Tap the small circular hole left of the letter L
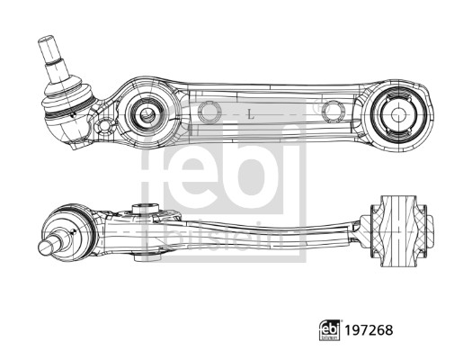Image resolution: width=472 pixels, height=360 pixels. pyautogui.click(x=209, y=112)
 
